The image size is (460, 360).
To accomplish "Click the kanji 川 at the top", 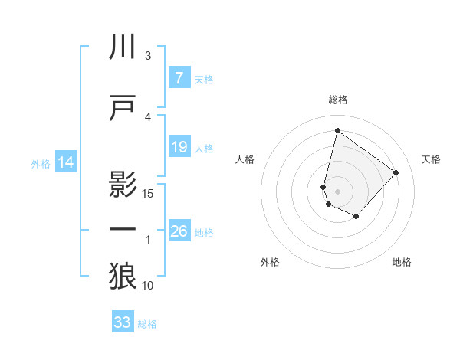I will pos(123,47).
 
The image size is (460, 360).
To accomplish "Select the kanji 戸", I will pos(123,108).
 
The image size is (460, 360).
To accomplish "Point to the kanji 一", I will pos(123,229).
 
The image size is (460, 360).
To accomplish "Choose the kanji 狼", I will pos(123,275).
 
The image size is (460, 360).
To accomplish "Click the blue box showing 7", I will pos(179,78).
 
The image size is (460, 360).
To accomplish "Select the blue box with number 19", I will pos(179,147).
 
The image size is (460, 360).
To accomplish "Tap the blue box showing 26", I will pos(179,231).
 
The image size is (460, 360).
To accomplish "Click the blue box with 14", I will pos(66,162).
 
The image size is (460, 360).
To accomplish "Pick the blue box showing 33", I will pos(123,322).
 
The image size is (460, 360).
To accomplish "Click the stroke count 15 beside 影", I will pos(148,193).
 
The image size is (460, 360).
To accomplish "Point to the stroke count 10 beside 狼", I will pos(148,285).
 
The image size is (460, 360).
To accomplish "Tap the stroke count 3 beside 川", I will pos(148,56).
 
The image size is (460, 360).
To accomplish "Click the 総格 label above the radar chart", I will pos(338,100).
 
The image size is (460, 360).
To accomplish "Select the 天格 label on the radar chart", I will pos(432,159).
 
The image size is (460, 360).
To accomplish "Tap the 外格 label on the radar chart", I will pos(270,262).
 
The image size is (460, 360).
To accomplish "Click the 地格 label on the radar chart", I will pos(402,262).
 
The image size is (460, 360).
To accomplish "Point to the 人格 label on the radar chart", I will pos(245,159).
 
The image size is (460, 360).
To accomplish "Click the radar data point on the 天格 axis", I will pos(396,172).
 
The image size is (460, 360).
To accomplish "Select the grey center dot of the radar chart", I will pos(338,191).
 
